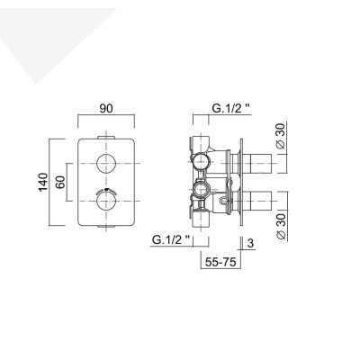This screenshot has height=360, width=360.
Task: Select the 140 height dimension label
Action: click(x=41, y=184)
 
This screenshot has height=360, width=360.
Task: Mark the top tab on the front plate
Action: click(x=108, y=136)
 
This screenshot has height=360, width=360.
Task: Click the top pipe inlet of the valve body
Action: click(x=200, y=141)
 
